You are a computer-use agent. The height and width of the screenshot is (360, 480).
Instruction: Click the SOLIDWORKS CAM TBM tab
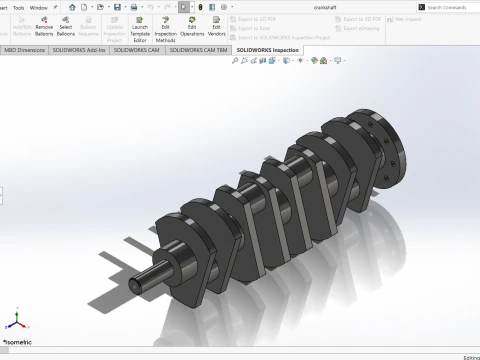pyautogui.click(x=200, y=49)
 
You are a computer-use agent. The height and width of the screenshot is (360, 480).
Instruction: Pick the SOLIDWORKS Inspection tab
pyautogui.click(x=269, y=49)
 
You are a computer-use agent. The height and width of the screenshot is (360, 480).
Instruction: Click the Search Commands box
pyautogui.click(x=450, y=7)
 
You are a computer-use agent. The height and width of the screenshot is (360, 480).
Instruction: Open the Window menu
pyautogui.click(x=38, y=7)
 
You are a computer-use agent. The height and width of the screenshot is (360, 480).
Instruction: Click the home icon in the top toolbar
pyautogui.click(x=72, y=7)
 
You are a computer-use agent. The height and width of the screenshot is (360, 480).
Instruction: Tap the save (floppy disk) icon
pyautogui.click(x=118, y=7)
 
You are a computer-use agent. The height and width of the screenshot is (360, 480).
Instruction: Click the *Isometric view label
pyautogui.click(x=19, y=342)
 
